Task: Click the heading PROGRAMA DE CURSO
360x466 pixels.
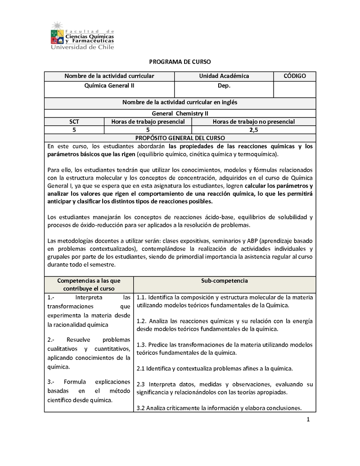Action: coord(180,62)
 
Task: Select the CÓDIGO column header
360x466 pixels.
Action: coord(295,76)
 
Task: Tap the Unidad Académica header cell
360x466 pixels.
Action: coord(224,76)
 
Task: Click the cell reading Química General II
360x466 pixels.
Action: coord(109,86)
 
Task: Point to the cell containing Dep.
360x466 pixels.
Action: coord(224,86)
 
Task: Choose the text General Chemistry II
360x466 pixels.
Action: coord(180,113)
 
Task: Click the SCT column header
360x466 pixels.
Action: coord(74,122)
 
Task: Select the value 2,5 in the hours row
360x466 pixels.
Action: coord(254,130)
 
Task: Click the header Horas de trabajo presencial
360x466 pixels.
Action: coord(148,122)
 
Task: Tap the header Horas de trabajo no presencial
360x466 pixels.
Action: coord(254,122)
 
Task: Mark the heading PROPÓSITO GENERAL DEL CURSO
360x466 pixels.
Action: coord(180,138)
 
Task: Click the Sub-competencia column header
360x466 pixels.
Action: coord(225,281)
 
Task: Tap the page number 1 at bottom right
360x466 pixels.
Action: coord(308,421)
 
